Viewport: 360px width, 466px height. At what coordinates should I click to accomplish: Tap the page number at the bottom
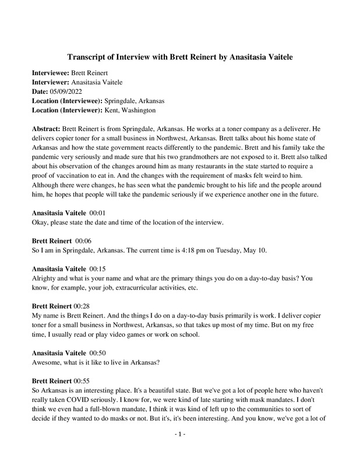coord(179,450)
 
